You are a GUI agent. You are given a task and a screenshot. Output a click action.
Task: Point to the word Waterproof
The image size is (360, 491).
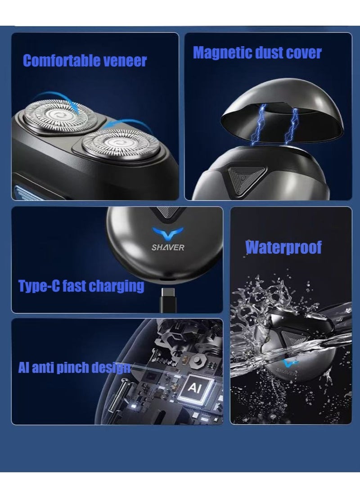pos(283,247)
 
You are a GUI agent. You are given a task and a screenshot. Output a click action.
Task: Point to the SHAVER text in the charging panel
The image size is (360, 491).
pos(168,247)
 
